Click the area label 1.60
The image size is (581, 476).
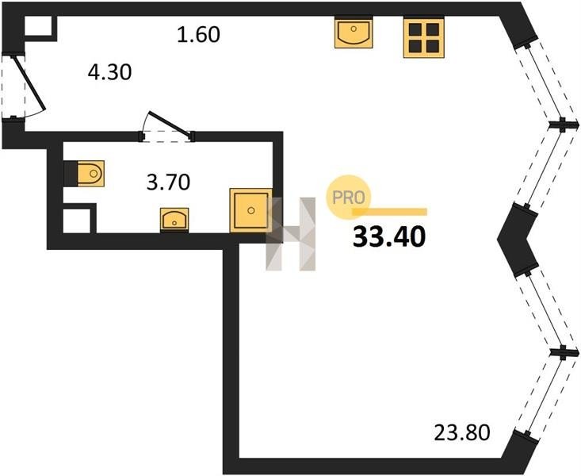tap(199, 34)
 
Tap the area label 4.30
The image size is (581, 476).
tap(109, 72)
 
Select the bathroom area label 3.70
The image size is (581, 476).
tap(169, 182)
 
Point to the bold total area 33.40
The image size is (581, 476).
tap(389, 237)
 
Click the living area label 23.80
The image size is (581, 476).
tap(462, 432)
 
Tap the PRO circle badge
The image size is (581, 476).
tap(349, 198)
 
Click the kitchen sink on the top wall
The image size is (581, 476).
tap(354, 32)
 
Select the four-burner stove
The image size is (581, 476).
tap(424, 37)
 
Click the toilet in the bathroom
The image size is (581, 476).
tap(91, 173)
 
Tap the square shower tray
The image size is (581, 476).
tap(251, 210)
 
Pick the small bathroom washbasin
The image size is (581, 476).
tap(174, 221)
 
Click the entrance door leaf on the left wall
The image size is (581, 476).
tap(29, 83)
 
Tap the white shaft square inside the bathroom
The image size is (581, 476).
tap(77, 221)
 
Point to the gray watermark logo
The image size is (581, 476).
tap(290, 234)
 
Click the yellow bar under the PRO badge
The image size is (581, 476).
tap(389, 212)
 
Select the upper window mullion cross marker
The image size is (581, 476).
tap(564, 125)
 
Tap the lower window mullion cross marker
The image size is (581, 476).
tap(564, 352)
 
